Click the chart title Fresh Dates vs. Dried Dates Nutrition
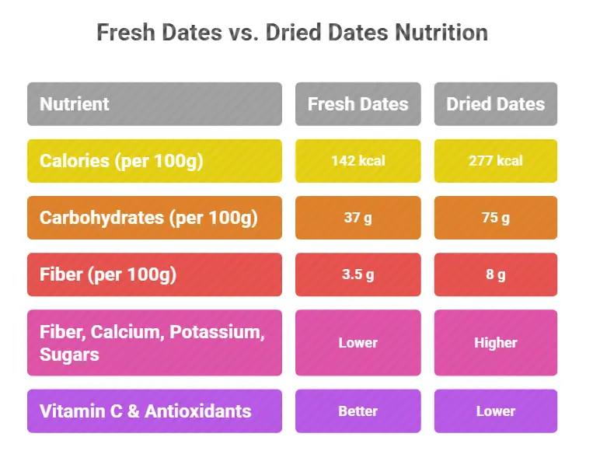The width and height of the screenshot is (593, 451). click(291, 33)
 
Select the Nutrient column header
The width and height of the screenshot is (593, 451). click(154, 104)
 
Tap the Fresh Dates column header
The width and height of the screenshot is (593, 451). click(358, 104)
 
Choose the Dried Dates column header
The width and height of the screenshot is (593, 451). click(495, 104)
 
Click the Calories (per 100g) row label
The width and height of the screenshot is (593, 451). click(154, 161)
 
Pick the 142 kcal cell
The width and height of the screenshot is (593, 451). click(358, 161)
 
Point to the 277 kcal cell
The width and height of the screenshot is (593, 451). click(495, 161)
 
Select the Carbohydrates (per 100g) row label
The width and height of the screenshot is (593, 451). click(154, 218)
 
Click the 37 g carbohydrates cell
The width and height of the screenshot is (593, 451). click(358, 218)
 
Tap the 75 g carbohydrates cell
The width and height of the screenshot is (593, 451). click(495, 218)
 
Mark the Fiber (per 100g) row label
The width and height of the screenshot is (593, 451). click(154, 274)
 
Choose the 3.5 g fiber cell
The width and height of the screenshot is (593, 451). click(358, 274)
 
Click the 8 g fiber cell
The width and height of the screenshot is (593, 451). click(495, 274)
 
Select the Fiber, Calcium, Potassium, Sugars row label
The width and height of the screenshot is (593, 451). click(154, 343)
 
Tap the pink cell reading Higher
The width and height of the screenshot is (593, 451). click(495, 343)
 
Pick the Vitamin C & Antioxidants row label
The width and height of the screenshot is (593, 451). click(154, 411)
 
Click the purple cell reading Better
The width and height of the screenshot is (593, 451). click(358, 411)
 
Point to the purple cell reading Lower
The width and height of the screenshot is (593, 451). click(495, 411)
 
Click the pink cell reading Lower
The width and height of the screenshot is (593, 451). click(358, 343)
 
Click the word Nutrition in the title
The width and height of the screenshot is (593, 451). click(441, 33)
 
